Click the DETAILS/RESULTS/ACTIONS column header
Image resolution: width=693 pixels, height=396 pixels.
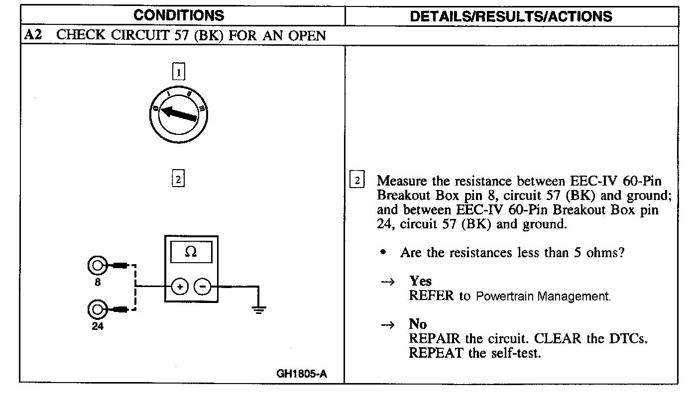511,16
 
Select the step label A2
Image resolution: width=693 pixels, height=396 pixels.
33,35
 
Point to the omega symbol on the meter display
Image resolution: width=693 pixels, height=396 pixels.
190,252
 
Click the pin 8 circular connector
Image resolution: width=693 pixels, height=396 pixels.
96,266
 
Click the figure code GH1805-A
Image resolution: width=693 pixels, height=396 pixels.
302,374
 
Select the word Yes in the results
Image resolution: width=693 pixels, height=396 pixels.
421,281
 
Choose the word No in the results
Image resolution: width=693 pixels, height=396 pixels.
418,324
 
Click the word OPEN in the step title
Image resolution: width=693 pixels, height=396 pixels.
306,35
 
